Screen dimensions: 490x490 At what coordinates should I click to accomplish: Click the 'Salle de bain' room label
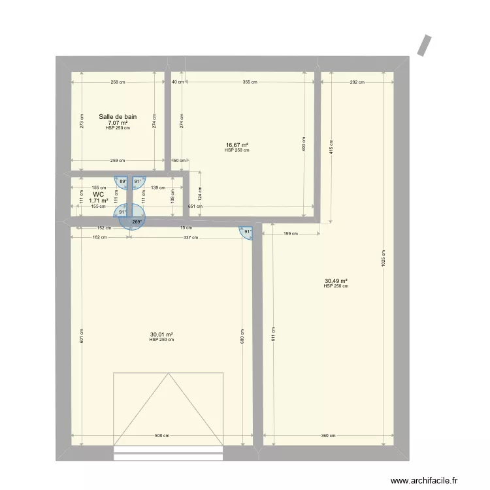click(118, 117)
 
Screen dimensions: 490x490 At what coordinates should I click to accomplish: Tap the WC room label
click(99, 195)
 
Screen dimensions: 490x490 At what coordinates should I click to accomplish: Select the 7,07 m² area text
click(118, 123)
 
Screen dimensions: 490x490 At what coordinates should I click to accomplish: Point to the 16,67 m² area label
click(237, 145)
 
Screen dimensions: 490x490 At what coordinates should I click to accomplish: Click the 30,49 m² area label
click(336, 281)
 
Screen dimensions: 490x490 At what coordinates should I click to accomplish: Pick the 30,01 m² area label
click(161, 335)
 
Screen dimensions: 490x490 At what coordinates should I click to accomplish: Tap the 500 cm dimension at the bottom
click(162, 436)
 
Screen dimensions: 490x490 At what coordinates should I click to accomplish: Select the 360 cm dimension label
click(329, 436)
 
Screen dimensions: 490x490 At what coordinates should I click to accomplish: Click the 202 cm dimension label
click(357, 82)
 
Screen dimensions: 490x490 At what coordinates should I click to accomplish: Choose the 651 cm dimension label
click(191, 206)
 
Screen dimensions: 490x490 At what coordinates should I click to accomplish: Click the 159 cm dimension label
click(290, 233)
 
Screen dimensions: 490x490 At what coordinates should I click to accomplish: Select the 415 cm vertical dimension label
click(331, 146)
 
